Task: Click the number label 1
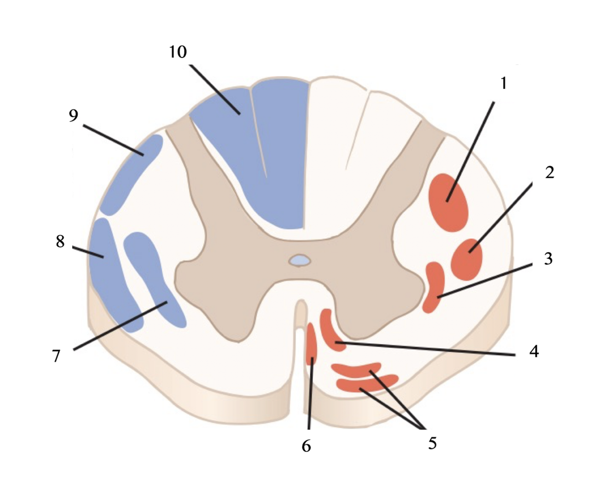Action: (x=503, y=83)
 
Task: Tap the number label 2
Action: (x=549, y=172)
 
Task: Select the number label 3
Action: (x=548, y=259)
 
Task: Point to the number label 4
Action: (x=534, y=351)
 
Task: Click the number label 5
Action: (x=432, y=442)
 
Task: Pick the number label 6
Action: (x=306, y=446)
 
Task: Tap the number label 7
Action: (x=56, y=355)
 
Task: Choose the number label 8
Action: (x=60, y=241)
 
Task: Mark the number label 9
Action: (x=73, y=116)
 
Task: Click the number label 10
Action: (x=178, y=52)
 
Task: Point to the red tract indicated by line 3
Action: (x=434, y=286)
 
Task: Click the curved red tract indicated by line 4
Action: (x=331, y=331)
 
